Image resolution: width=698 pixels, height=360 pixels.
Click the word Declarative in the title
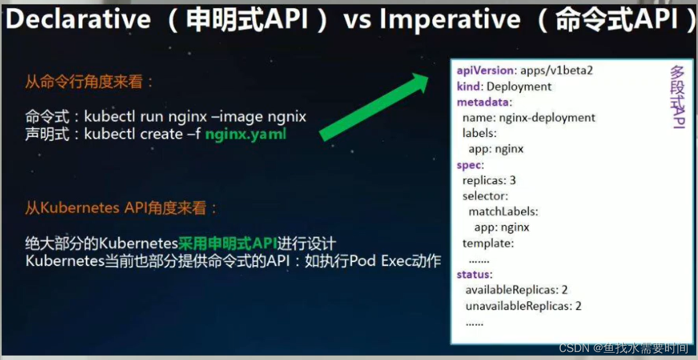78,20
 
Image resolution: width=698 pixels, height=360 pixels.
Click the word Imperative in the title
449,20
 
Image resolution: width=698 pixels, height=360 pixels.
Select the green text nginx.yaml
246,134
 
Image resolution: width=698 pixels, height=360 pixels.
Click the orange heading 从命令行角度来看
89,81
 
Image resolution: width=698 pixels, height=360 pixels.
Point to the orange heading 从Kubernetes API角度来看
121,208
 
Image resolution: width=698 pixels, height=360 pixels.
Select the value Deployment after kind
519,86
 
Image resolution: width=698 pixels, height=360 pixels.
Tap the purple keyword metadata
482,102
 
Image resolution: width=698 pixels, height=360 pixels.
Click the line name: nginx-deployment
528,118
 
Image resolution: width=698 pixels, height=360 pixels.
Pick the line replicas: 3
489,181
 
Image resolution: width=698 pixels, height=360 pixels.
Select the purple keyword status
473,275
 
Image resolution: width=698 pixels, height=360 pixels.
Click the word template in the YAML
487,243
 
